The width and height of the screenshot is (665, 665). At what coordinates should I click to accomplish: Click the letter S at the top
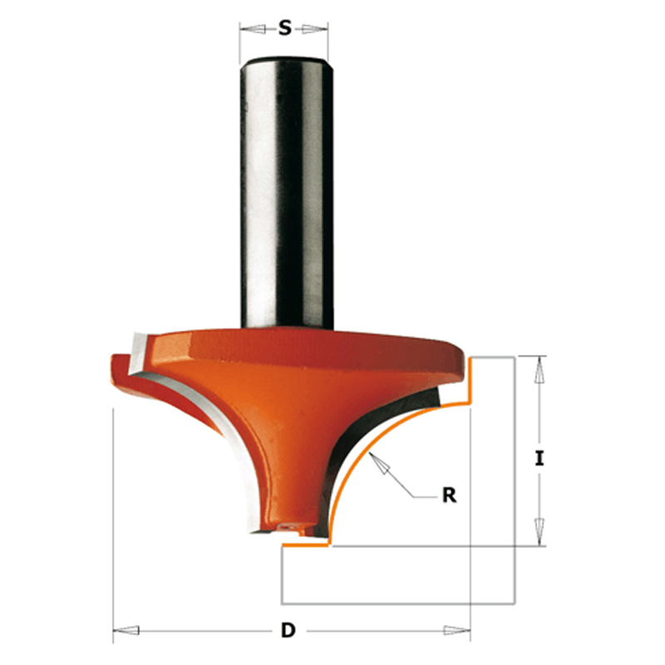pos(285,28)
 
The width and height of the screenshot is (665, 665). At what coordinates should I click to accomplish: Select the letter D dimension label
pos(288,630)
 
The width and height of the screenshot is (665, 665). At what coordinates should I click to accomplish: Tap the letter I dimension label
pos(539,459)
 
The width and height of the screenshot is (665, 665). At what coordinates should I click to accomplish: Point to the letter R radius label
pos(449,495)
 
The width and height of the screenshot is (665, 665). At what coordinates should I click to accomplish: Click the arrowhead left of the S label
pos(253,29)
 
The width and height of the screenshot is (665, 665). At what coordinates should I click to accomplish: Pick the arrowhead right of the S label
pos(315,29)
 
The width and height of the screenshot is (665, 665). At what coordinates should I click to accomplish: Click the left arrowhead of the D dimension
pos(126,630)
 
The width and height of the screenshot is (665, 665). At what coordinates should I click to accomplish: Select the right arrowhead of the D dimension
pos(456,630)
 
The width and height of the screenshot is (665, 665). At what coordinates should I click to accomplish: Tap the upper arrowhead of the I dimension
pos(539,370)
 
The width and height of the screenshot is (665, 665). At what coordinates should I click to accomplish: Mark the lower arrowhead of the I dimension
pos(539,531)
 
